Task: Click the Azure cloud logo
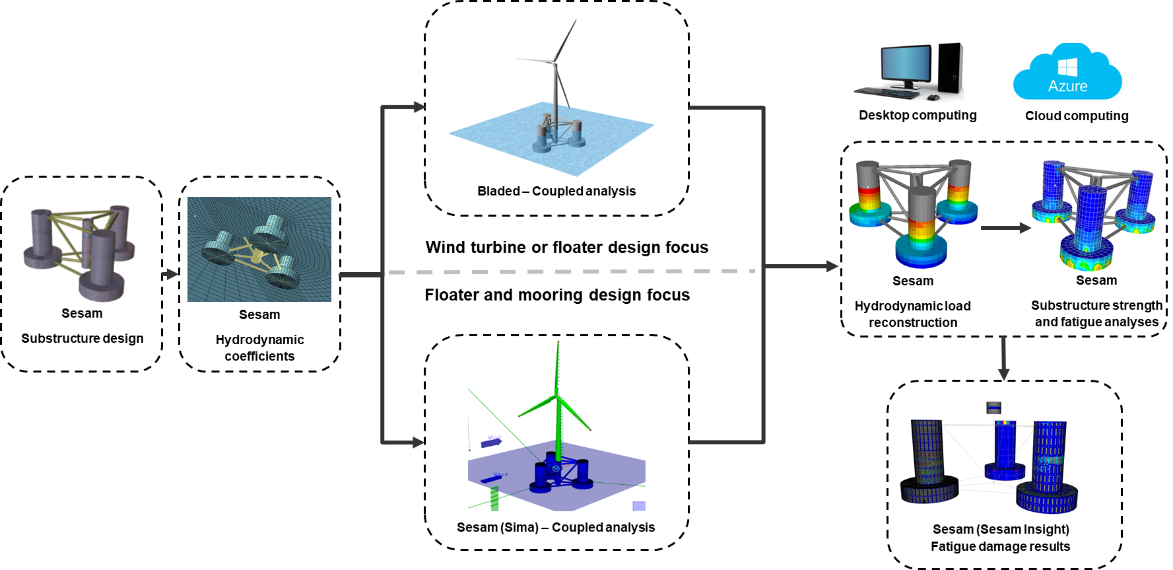[x=1067, y=72]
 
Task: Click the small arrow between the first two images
[x=170, y=274]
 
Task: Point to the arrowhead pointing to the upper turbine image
[x=419, y=106]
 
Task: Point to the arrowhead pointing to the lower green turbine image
[x=418, y=442]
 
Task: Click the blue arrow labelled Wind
[x=491, y=443]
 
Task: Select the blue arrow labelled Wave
[x=490, y=478]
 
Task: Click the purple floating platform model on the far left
[x=81, y=254]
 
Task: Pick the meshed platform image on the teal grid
[x=259, y=249]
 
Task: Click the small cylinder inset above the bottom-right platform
[x=994, y=408]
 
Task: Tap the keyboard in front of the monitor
[x=887, y=94]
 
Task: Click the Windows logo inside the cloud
[x=1067, y=67]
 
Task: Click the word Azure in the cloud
[x=1067, y=86]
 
